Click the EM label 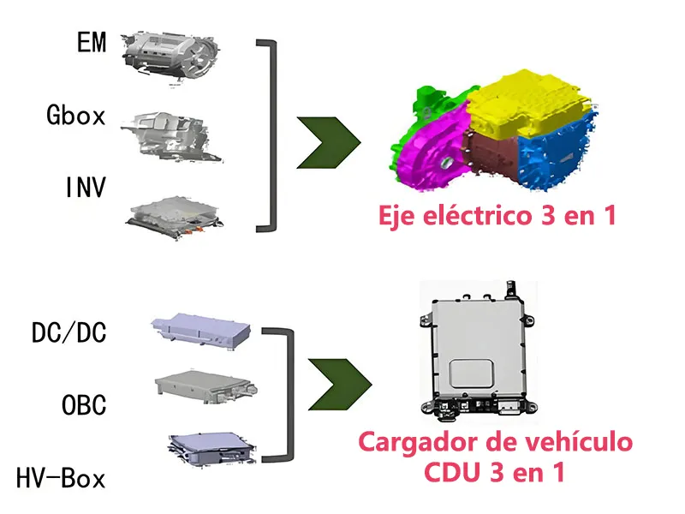92,42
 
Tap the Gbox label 76,116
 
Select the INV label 86,187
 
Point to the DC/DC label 69,332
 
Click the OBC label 84,404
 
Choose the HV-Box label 61,478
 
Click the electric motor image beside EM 170,57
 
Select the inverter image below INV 175,218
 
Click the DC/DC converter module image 201,332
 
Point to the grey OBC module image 205,386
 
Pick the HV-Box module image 211,449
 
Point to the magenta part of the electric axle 431,151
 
